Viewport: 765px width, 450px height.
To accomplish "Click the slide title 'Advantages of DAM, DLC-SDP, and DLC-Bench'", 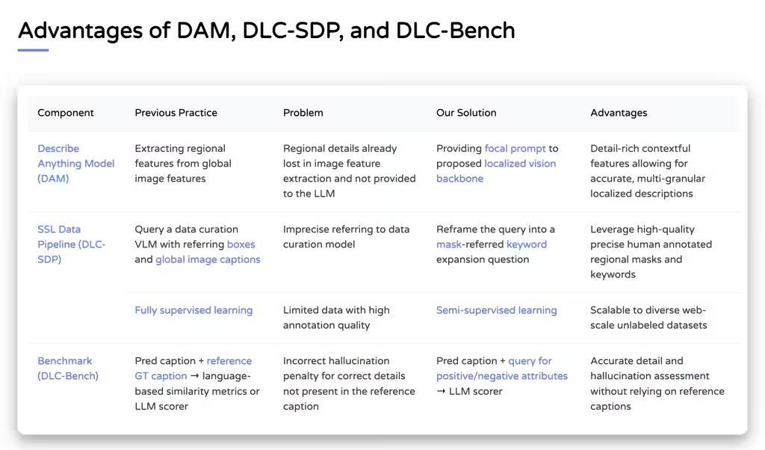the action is (x=267, y=31).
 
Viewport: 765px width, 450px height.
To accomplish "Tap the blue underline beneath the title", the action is (x=33, y=50).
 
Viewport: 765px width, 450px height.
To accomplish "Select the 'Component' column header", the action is (x=66, y=113).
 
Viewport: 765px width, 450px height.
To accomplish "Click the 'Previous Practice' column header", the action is (x=176, y=113).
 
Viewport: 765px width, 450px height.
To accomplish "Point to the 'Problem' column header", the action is (x=303, y=113).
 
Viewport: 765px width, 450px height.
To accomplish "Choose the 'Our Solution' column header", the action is (x=466, y=113).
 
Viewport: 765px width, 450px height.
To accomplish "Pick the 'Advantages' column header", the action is (x=619, y=113).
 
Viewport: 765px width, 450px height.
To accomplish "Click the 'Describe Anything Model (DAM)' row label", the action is (x=75, y=164).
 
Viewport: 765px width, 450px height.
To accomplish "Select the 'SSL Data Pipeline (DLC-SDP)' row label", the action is (x=71, y=244).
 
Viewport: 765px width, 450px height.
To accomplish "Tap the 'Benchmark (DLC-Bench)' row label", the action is (x=68, y=369).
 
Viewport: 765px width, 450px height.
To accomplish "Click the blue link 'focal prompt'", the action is (x=515, y=149).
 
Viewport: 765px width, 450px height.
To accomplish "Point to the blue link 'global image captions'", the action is (x=208, y=259).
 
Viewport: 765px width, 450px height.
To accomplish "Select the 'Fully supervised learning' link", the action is (x=193, y=310).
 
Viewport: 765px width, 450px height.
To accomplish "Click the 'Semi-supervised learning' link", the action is (x=496, y=310).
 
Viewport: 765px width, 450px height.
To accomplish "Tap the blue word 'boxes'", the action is (x=241, y=244).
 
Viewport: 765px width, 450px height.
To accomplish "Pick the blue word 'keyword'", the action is (x=527, y=244).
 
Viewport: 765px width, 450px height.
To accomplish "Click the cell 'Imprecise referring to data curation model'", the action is (x=346, y=237).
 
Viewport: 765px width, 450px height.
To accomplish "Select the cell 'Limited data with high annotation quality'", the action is (x=336, y=318).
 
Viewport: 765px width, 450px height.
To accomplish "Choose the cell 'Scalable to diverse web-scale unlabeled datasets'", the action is (x=648, y=318).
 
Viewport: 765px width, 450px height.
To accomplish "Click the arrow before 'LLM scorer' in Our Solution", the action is (x=441, y=392).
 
